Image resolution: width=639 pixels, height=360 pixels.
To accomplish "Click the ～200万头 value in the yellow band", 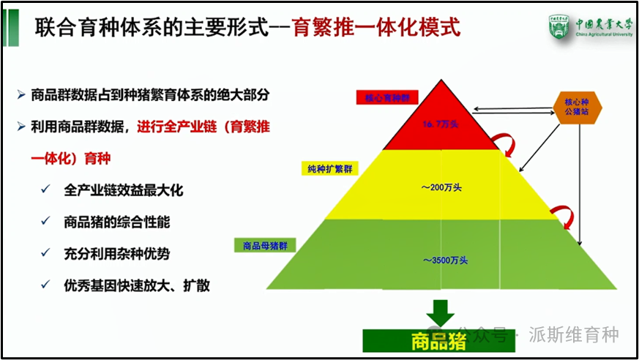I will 441,188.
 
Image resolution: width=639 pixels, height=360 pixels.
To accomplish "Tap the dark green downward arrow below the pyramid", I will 441,312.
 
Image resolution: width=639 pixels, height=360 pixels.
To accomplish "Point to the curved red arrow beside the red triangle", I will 501,140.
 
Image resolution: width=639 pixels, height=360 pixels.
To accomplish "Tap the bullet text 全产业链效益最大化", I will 123,190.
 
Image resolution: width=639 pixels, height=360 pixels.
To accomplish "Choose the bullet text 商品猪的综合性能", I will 116,222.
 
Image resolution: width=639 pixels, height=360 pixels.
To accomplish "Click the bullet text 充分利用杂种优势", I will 116,254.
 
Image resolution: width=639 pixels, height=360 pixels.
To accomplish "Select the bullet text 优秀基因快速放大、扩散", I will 137,285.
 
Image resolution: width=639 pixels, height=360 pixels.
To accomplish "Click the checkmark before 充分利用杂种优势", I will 46,254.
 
